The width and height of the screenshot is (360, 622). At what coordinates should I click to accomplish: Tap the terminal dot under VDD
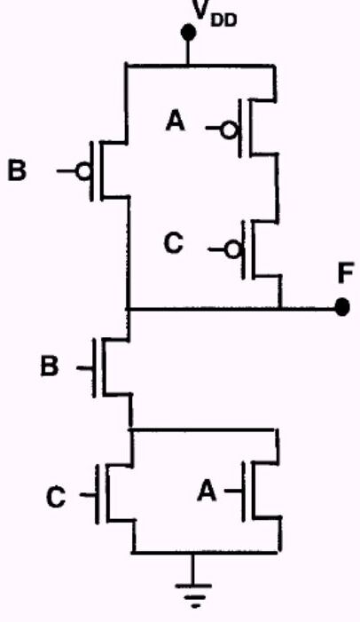188,32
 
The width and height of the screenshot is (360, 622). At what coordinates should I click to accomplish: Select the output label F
346,273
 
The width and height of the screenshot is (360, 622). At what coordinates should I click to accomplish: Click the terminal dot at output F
342,307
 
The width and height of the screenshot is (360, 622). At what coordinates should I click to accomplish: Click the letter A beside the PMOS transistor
176,121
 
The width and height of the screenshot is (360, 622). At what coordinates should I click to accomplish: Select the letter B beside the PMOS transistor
17,170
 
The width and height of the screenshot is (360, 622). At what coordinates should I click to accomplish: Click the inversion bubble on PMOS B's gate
84,171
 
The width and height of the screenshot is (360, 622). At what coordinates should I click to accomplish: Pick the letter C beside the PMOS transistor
174,243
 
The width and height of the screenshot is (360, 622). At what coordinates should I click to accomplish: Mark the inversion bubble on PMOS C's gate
232,249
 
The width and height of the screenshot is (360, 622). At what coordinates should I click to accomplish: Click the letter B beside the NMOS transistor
50,366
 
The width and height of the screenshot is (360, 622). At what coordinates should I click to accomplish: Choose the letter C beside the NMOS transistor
56,497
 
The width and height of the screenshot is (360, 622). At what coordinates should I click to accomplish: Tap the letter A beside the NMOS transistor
207,491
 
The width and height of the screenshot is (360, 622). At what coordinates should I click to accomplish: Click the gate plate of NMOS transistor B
94,367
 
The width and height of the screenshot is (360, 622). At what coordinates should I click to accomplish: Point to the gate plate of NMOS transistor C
98,494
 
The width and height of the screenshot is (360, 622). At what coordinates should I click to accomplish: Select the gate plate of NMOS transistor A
244,491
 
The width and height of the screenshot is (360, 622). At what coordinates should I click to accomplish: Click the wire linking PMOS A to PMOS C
278,187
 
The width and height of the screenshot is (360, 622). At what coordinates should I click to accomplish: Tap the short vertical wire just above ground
193,568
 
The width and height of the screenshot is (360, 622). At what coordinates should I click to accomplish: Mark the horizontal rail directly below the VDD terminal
200,65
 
